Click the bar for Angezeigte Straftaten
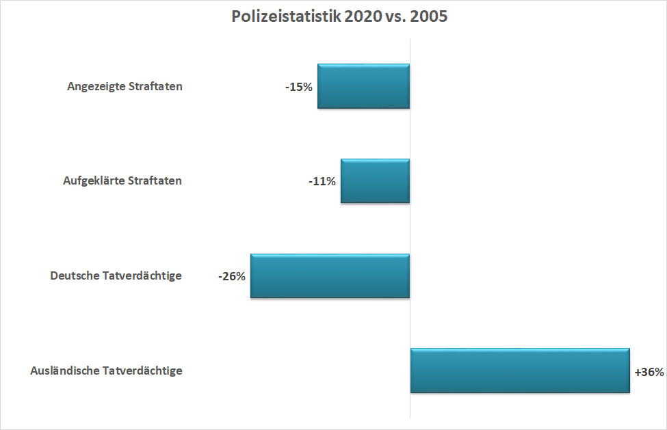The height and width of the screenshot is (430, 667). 363,86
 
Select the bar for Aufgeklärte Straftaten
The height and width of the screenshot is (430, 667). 375,181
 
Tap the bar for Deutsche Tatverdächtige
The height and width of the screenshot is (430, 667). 330,276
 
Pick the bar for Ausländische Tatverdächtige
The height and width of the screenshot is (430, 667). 520,371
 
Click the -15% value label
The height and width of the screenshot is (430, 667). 299,88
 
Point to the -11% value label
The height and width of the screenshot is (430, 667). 322,182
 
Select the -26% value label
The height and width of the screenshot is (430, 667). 232,277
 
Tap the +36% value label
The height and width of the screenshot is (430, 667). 649,373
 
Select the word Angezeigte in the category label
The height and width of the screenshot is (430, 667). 96,87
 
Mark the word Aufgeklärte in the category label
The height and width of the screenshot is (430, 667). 94,181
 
